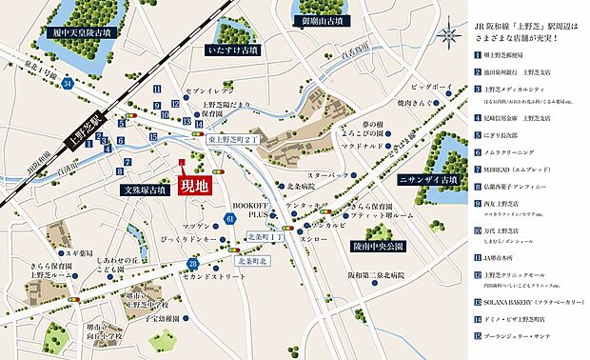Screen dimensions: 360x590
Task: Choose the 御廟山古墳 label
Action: [336, 20]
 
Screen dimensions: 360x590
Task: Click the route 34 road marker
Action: [67, 84]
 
